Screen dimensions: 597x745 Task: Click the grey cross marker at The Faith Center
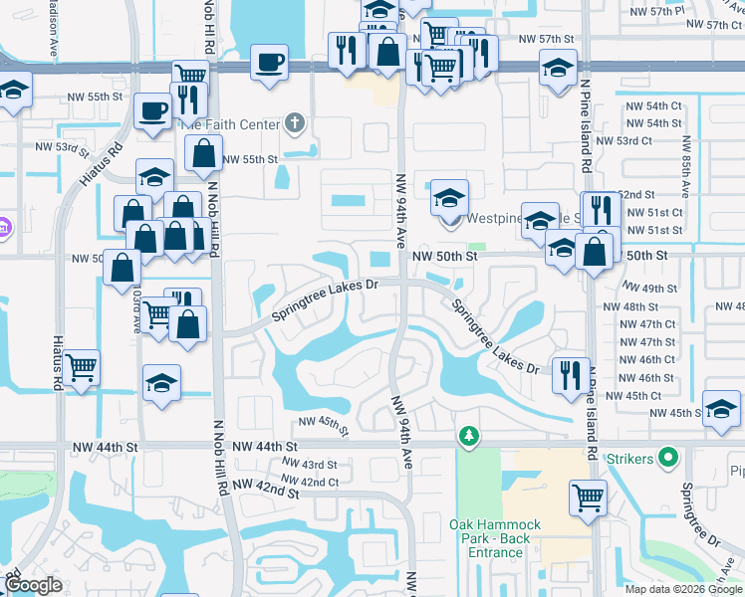293,124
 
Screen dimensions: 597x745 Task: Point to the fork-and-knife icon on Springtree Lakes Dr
570,374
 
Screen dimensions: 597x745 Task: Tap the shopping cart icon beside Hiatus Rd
82,368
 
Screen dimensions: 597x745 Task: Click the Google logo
34,585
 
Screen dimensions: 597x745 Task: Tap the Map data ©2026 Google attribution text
683,588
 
